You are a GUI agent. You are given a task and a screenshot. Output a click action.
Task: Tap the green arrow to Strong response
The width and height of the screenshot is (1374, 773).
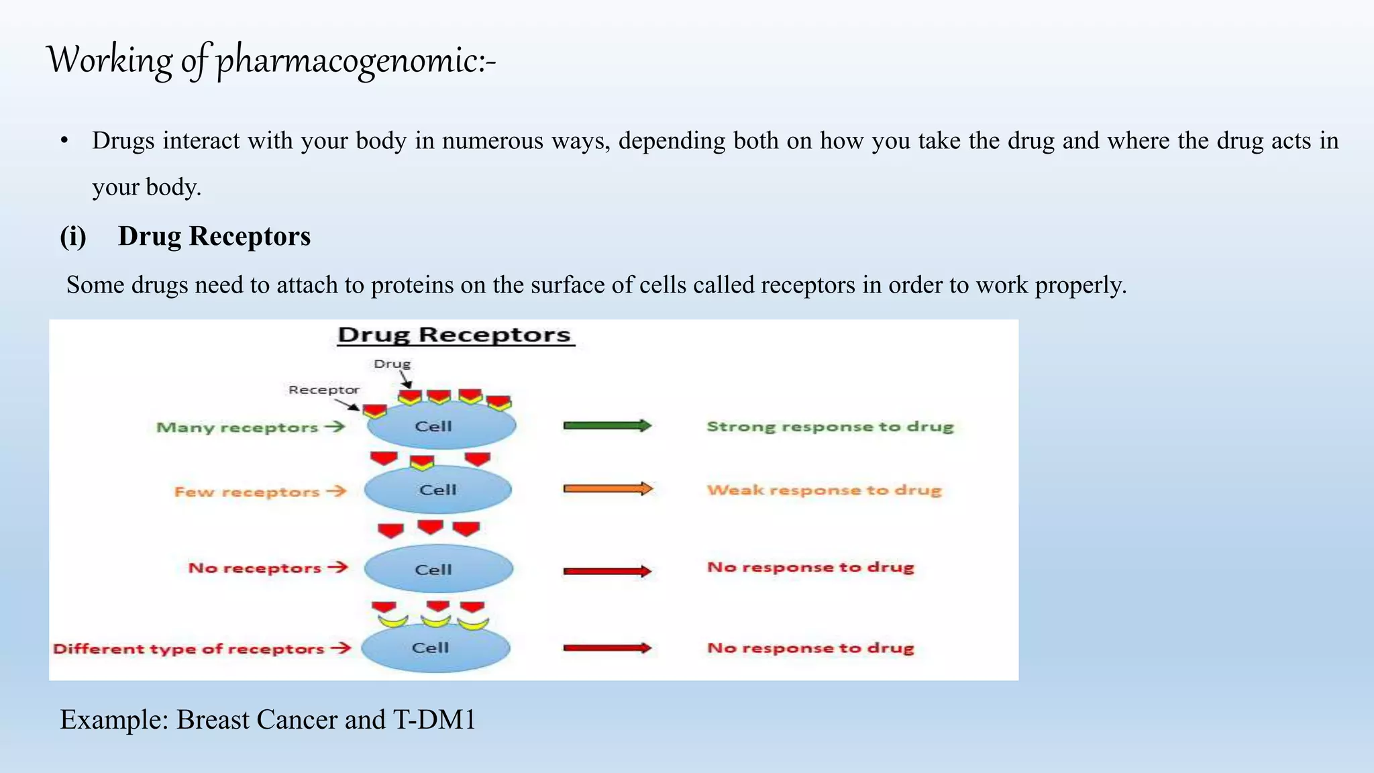point(606,425)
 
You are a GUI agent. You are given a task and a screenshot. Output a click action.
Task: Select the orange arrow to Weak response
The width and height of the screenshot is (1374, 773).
point(607,488)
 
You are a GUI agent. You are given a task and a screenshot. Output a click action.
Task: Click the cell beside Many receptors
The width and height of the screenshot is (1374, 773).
point(441,426)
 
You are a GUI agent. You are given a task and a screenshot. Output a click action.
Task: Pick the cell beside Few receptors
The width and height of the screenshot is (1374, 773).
point(437,490)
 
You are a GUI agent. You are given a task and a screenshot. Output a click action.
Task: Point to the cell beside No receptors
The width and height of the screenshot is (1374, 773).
point(438,569)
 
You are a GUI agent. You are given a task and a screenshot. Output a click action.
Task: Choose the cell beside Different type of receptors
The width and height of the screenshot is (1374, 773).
point(435,648)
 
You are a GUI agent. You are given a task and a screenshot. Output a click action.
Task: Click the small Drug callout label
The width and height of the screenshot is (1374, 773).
point(392,364)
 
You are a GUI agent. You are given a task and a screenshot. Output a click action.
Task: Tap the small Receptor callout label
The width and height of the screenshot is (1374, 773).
point(323,390)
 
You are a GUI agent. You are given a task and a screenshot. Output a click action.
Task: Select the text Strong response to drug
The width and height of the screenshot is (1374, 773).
point(829,427)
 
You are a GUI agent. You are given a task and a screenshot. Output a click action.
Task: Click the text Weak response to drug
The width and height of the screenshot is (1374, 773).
point(824,490)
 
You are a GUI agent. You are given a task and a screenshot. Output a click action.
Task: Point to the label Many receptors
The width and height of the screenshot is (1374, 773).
point(237,427)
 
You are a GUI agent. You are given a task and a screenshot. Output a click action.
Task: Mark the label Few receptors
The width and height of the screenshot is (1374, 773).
point(246,492)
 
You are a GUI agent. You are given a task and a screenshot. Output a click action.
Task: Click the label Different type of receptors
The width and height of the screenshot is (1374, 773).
point(189,649)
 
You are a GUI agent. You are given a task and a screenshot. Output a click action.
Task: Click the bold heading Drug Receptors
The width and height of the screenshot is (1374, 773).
point(213,236)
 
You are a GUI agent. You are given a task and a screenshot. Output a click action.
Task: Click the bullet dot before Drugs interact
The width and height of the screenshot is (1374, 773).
point(64,141)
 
